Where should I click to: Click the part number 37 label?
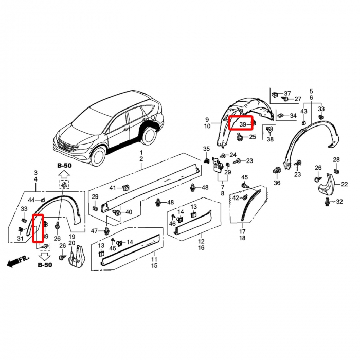pyautogui.click(x=287, y=93)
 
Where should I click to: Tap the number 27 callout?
pyautogui.click(x=298, y=99)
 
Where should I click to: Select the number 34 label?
pyautogui.click(x=293, y=116)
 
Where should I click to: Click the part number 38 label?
pyautogui.click(x=270, y=139)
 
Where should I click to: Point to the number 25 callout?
pyautogui.click(x=253, y=137)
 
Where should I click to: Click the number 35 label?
pyautogui.click(x=206, y=149)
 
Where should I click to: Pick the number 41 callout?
pyautogui.click(x=113, y=188)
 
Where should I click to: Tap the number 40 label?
pyautogui.click(x=129, y=212)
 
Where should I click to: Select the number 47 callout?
pyautogui.click(x=94, y=231)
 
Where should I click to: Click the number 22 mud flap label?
pyautogui.click(x=345, y=184)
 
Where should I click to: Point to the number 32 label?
pyautogui.click(x=339, y=202)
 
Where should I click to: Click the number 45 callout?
pyautogui.click(x=244, y=177)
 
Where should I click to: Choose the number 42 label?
pyautogui.click(x=236, y=197)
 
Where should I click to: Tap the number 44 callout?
pyautogui.click(x=31, y=200)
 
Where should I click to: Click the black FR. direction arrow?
pyautogui.click(x=18, y=261)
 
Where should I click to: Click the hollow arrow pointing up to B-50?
pyautogui.click(x=64, y=175)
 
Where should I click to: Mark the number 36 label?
pyautogui.click(x=277, y=183)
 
